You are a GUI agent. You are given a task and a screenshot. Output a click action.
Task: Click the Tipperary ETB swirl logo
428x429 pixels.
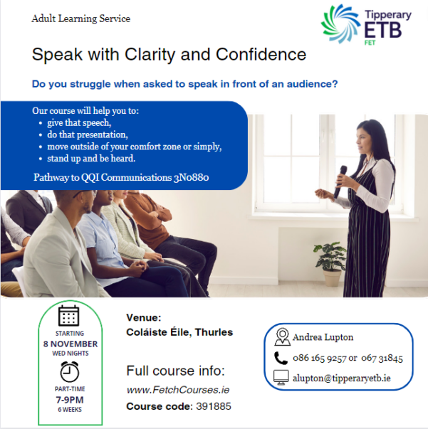[340, 24]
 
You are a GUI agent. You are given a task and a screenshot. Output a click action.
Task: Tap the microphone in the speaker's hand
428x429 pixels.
[340, 181]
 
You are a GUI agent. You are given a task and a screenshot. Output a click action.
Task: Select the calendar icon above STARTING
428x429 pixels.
[69, 316]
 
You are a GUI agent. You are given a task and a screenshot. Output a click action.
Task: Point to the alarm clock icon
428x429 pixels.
[69, 371]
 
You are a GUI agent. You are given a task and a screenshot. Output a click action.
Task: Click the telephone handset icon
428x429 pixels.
[281, 358]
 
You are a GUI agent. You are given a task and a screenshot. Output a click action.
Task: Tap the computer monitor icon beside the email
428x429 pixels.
[281, 378]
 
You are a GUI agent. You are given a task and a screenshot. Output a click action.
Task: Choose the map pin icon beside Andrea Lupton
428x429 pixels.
[282, 337]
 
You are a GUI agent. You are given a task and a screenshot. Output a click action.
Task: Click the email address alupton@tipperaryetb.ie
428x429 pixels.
[342, 378]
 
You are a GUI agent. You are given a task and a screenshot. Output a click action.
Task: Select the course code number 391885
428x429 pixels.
[214, 406]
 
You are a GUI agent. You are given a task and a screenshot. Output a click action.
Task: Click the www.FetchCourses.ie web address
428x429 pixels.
[178, 390]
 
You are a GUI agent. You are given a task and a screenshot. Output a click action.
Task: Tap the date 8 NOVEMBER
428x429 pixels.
[71, 344]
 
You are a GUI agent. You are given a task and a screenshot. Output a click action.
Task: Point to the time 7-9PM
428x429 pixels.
[70, 400]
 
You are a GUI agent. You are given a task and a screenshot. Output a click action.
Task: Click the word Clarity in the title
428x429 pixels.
[150, 55]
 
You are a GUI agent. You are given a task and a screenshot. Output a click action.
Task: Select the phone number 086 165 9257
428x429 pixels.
[320, 358]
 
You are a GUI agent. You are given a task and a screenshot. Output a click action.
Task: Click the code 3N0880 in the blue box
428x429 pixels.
[191, 178]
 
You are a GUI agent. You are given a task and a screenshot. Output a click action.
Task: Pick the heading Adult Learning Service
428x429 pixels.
[80, 18]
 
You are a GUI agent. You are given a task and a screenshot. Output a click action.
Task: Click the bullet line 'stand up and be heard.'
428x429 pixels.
[91, 159]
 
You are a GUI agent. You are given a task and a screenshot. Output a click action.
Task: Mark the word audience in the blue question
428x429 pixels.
[312, 84]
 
